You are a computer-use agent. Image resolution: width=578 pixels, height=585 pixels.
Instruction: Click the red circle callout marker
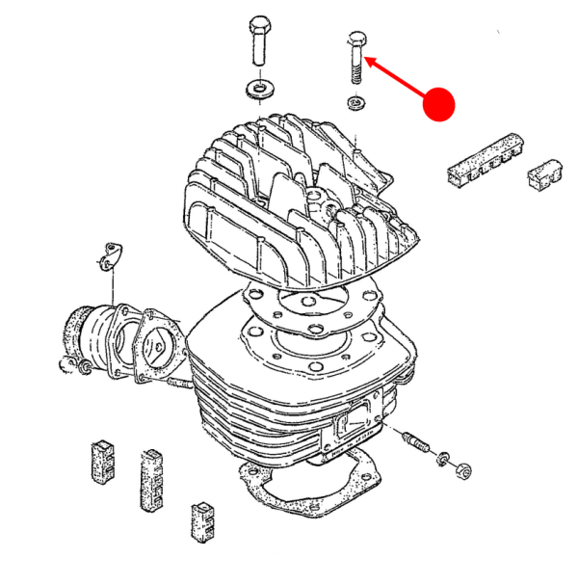(x=439, y=104)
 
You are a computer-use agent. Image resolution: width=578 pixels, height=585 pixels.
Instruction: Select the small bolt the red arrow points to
(x=355, y=57)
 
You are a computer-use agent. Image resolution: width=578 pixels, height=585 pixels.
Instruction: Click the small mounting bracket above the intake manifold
(x=116, y=256)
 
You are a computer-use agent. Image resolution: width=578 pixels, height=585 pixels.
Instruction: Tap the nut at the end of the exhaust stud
(x=462, y=471)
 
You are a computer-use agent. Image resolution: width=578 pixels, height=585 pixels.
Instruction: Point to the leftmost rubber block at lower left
(x=103, y=459)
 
